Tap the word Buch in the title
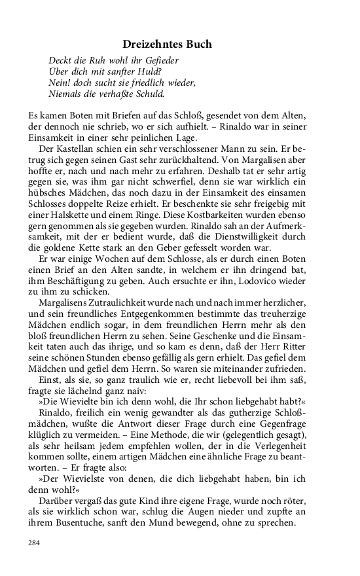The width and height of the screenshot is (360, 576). click(x=197, y=45)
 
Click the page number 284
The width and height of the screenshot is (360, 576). click(x=34, y=543)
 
